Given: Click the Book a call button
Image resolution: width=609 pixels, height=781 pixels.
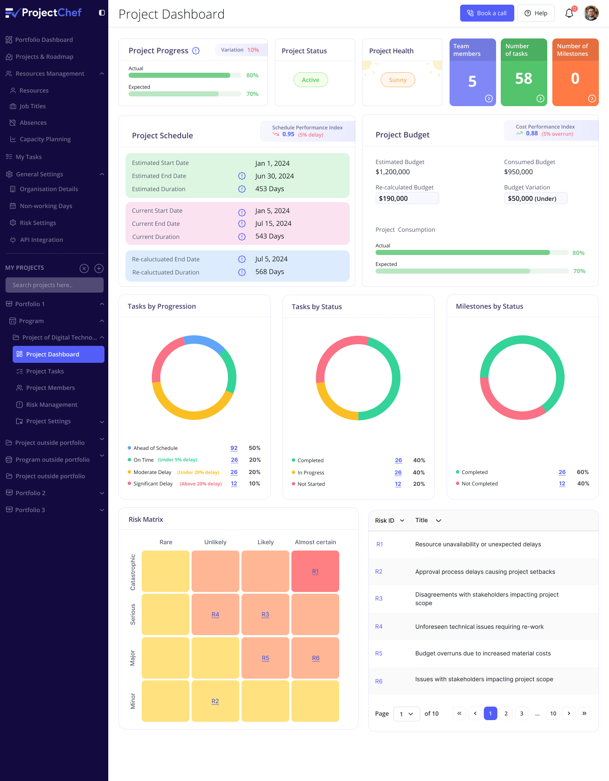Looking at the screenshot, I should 487,13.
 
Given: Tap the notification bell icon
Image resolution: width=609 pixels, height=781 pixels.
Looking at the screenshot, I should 569,13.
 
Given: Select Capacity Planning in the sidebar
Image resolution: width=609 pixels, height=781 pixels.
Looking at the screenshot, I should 45,139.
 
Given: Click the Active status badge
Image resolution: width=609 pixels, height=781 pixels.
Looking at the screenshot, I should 310,80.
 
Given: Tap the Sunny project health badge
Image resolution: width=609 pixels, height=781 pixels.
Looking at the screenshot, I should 398,80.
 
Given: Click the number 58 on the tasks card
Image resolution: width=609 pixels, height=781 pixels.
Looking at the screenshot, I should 524,79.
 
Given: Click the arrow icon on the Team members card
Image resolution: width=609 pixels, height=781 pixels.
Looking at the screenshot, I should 488,99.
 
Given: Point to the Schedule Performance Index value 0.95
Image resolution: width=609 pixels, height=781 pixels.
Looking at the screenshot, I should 288,134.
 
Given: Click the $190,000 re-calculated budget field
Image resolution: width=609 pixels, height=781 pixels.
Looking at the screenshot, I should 407,198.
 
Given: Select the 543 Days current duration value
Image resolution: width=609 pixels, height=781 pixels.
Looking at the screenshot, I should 269,236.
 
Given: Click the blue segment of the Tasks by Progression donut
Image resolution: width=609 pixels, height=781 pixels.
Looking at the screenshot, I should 203,341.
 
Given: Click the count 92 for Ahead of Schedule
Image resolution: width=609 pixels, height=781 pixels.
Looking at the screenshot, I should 234,448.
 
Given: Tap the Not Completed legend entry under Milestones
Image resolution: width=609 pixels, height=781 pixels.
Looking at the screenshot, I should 479,484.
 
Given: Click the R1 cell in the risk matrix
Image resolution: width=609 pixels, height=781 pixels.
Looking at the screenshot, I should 315,571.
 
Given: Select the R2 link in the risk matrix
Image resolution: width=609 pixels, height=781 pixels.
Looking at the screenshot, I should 215,701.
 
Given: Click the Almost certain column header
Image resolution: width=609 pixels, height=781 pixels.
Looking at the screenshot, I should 315,542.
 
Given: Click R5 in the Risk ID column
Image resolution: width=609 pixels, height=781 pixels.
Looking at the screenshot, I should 379,653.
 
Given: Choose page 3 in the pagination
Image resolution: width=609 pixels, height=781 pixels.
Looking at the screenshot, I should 521,713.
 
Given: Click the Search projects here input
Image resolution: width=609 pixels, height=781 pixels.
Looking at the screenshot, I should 54,285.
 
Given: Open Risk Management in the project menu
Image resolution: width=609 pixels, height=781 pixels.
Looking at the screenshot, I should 52,405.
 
